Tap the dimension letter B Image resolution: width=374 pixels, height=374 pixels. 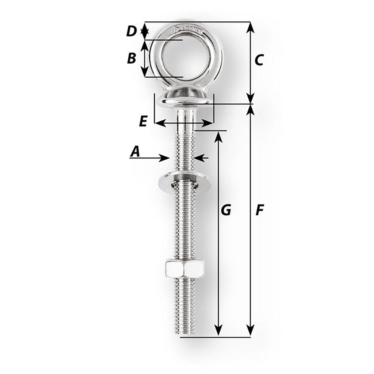point(131,58)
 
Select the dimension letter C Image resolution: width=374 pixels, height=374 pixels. point(259,60)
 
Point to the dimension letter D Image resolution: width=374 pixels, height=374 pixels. point(131,31)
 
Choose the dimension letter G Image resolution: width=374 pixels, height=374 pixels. point(226,211)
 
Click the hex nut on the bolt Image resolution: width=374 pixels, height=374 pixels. point(184,269)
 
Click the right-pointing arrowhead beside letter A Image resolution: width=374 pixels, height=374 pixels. point(165,158)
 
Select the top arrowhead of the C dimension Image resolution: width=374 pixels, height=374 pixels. point(251,28)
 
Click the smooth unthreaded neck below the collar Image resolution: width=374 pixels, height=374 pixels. point(185,116)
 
